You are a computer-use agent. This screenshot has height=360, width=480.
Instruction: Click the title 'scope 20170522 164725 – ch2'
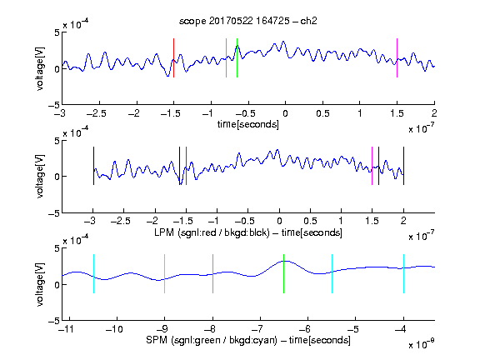point(248,21)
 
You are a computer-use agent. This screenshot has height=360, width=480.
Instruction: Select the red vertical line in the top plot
point(174,57)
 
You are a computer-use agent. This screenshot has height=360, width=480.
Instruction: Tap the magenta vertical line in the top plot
point(397,57)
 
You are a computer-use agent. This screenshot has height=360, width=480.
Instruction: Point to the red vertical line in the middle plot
point(186,166)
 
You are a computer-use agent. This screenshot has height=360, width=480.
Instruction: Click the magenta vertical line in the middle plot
point(372,166)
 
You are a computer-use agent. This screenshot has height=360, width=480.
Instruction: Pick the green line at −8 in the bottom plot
point(212,273)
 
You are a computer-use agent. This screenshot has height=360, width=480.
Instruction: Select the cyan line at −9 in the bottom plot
point(165,273)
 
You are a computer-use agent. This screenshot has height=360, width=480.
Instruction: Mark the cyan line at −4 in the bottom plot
point(404,273)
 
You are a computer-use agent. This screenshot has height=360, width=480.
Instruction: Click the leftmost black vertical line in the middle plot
point(93,166)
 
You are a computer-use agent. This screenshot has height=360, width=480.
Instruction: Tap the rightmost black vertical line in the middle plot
point(404,166)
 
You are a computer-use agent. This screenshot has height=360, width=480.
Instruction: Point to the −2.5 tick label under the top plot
point(97,113)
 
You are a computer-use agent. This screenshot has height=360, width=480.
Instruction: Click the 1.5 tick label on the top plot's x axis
point(397,113)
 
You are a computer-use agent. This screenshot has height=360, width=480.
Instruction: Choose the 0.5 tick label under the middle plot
point(310,221)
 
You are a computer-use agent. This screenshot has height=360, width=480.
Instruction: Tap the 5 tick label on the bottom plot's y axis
point(57,248)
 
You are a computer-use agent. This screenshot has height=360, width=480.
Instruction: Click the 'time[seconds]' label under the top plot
point(248,125)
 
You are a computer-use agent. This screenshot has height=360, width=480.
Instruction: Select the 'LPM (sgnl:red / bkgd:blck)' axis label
point(212,232)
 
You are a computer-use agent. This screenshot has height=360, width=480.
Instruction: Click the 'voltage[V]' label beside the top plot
point(40,68)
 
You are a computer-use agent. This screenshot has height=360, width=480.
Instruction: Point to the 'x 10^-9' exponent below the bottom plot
point(422,344)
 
